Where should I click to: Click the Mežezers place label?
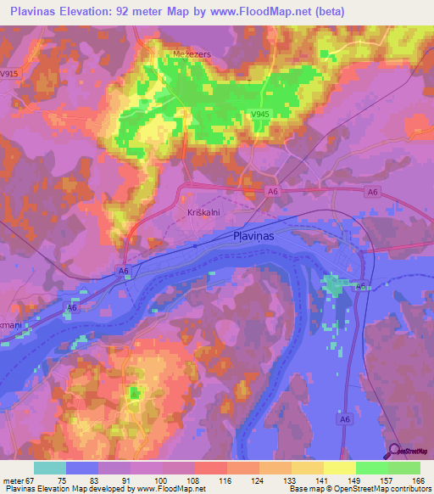click(180, 53)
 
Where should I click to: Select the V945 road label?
click(261, 114)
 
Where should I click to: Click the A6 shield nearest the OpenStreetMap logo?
click(344, 418)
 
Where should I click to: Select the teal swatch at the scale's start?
click(49, 468)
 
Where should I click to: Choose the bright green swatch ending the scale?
click(404, 468)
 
